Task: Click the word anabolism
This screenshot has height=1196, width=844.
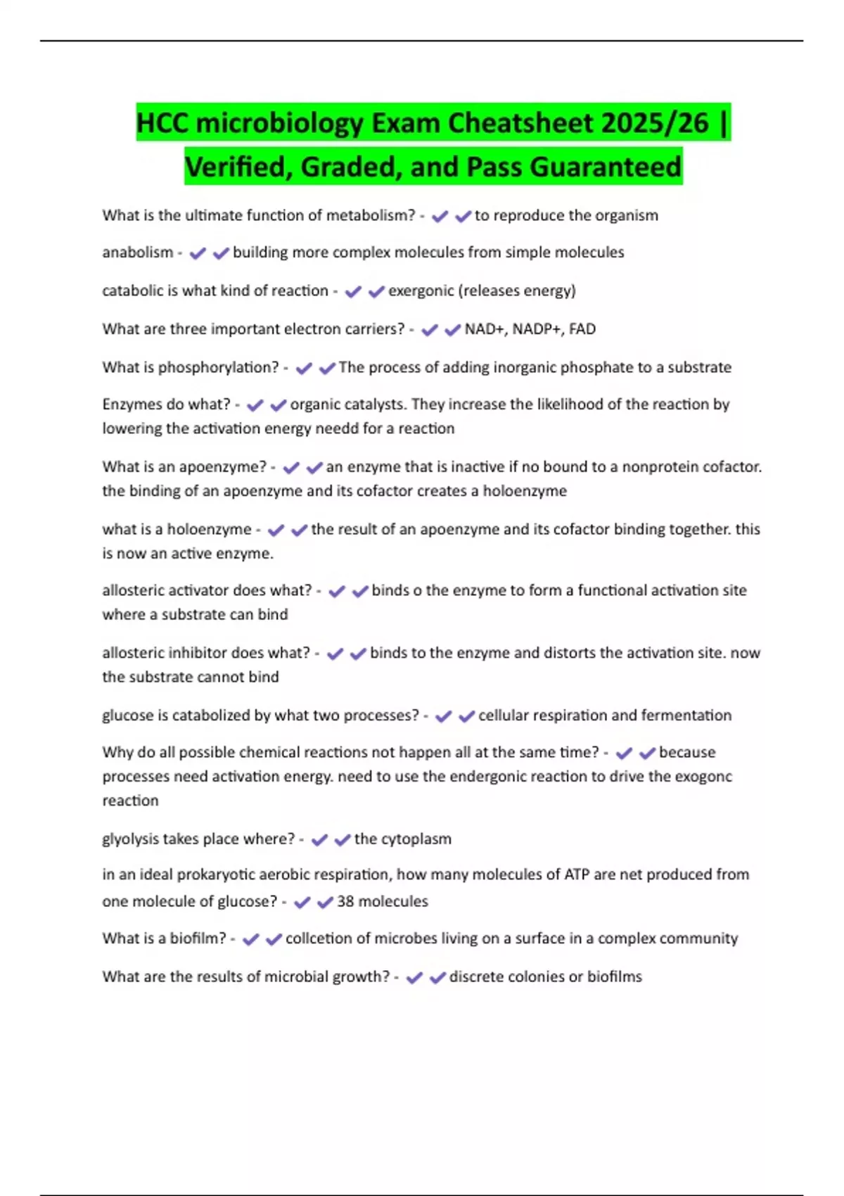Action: (x=137, y=253)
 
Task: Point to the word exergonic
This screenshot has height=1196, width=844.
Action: (x=421, y=291)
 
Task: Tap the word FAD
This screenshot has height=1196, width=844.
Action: (x=582, y=329)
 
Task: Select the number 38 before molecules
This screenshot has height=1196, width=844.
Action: (x=345, y=902)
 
